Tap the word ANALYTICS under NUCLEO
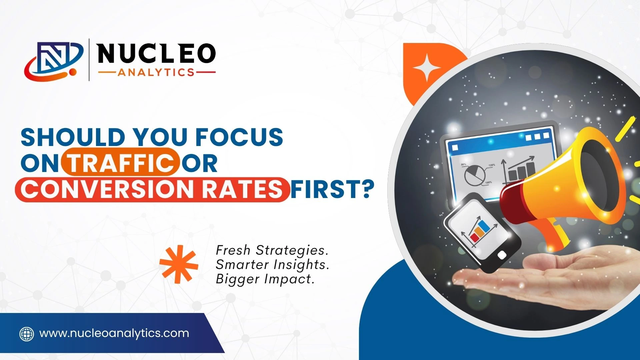click(x=156, y=72)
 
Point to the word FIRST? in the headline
click(x=332, y=189)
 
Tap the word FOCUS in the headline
click(x=239, y=137)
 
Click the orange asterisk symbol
click(x=179, y=264)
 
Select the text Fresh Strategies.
click(x=272, y=250)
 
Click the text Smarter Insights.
click(x=272, y=265)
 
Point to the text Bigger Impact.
click(x=265, y=279)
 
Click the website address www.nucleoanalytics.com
click(x=114, y=333)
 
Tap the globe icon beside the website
click(x=27, y=334)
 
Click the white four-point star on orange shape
click(x=427, y=68)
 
